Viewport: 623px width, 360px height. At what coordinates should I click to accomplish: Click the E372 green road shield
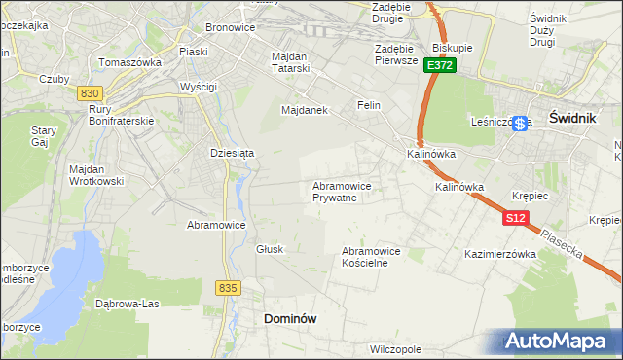point(440,65)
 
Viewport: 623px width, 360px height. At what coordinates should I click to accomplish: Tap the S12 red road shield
point(516,219)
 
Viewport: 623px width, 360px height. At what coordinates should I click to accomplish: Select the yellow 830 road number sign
point(91,92)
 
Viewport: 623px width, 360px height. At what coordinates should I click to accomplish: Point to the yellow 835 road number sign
point(229,288)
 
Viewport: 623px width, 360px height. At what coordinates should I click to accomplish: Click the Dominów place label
point(291,318)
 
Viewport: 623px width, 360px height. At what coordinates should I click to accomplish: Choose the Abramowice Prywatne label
point(342,192)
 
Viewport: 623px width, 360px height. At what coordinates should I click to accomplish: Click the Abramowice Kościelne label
point(371,256)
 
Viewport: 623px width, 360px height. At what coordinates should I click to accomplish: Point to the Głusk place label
point(270,249)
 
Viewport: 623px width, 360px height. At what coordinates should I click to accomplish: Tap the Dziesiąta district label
point(233,153)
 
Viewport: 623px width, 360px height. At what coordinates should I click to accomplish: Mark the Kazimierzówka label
point(501,254)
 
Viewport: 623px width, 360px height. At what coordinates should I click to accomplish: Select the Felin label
point(368,105)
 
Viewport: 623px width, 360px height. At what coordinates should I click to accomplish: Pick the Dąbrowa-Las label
point(127,303)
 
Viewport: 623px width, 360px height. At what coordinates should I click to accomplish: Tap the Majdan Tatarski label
point(289,63)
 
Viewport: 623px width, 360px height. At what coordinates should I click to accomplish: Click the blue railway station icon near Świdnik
point(522,124)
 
